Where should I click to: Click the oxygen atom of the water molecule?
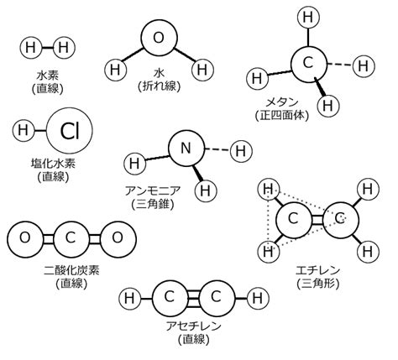click(159, 38)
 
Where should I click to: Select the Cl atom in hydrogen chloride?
click(70, 130)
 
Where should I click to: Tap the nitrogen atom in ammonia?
click(186, 148)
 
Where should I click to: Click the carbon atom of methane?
click(308, 64)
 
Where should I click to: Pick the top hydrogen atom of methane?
click(308, 18)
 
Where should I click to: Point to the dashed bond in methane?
click(339, 65)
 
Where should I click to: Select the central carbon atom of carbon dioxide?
click(71, 238)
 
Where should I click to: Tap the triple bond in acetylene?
click(192, 298)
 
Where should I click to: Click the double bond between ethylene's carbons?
click(317, 220)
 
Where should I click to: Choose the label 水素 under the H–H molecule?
click(48, 75)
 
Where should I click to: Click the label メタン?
click(281, 102)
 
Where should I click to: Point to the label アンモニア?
click(153, 191)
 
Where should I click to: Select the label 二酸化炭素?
click(71, 270)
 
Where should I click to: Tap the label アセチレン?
click(193, 326)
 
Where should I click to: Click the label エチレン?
click(318, 270)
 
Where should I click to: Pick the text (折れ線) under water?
click(159, 86)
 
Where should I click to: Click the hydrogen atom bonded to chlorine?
click(24, 130)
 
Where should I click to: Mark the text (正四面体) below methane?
click(282, 115)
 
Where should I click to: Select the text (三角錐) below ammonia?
click(153, 204)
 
